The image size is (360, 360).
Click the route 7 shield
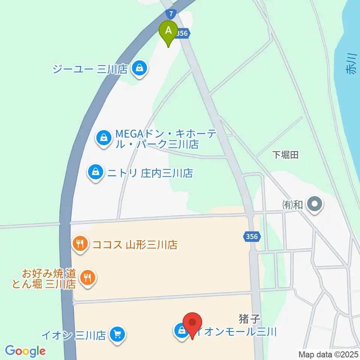click(x=171, y=14)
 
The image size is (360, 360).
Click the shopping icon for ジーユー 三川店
click(x=139, y=69)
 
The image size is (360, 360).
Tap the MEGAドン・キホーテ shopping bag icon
click(x=104, y=138)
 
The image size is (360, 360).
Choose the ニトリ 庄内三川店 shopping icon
click(x=96, y=172)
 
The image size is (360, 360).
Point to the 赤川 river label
click(x=352, y=65)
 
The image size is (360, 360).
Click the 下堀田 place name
click(x=285, y=155)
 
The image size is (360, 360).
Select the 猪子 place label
click(x=249, y=319)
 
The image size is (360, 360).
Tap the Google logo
click(x=25, y=351)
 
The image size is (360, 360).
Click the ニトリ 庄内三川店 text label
click(x=150, y=173)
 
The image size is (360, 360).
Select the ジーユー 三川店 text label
click(x=90, y=69)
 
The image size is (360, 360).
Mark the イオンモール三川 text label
click(x=237, y=332)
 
